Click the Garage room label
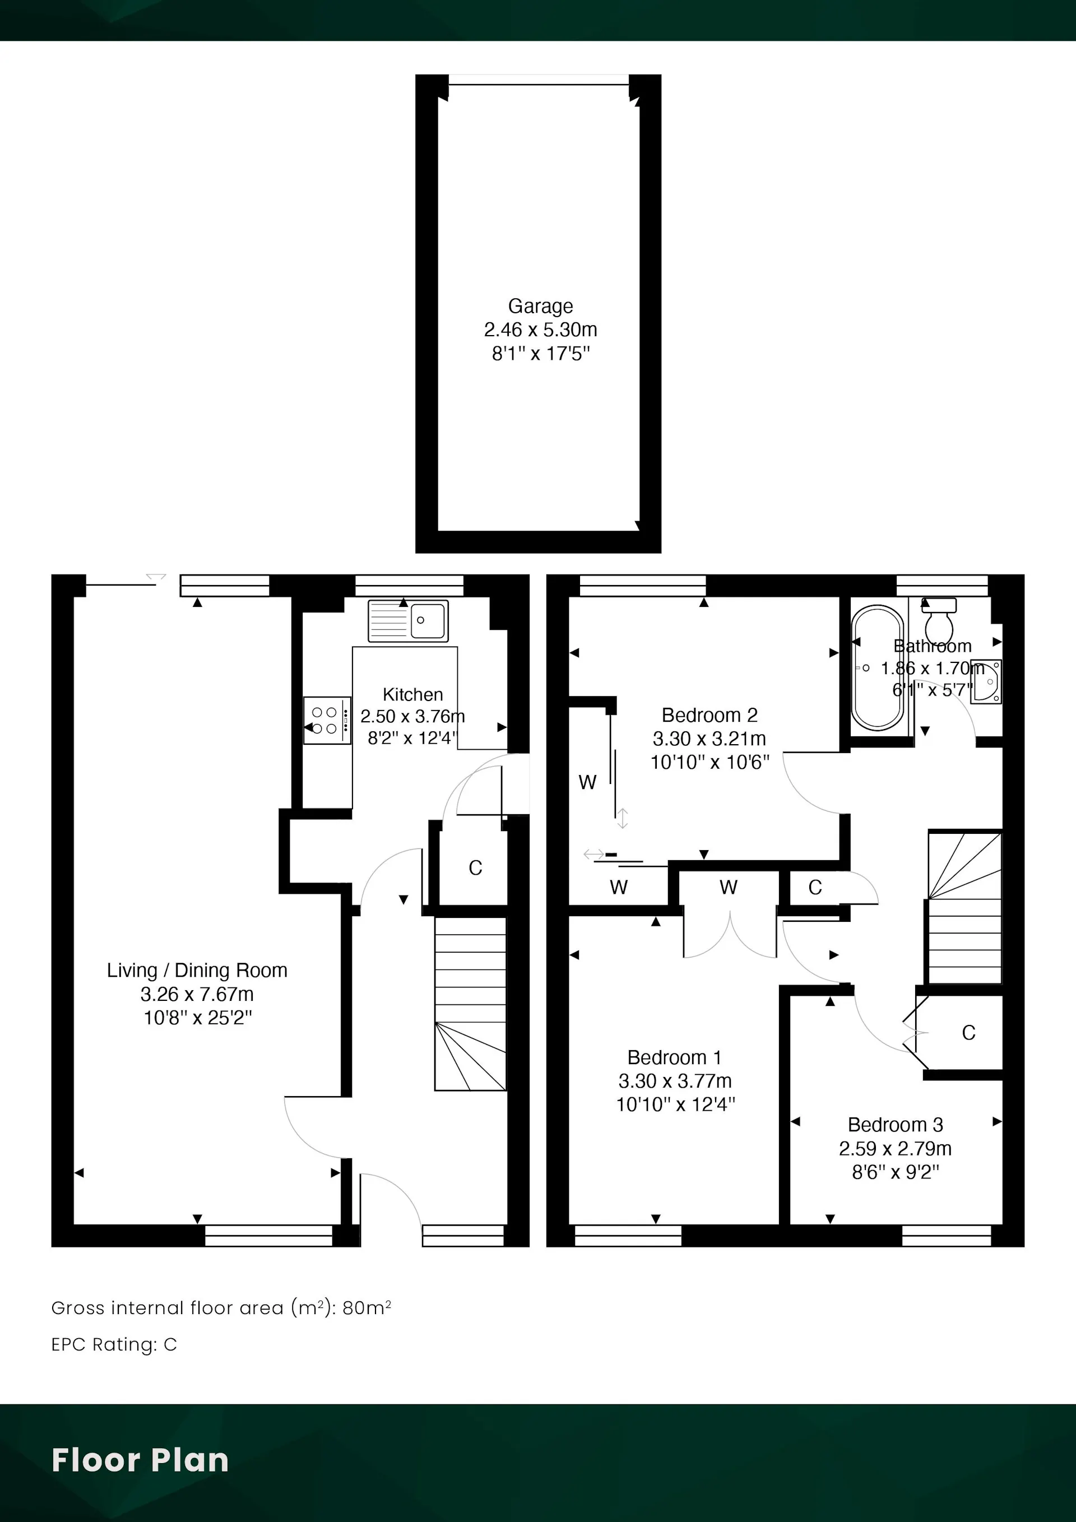click(x=540, y=307)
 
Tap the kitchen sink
click(x=409, y=620)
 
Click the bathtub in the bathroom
click(x=878, y=668)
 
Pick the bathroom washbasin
click(x=986, y=681)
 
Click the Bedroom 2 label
click(x=709, y=715)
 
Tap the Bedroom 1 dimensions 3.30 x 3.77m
click(x=675, y=1081)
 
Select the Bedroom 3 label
click(x=895, y=1125)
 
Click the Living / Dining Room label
click(x=197, y=971)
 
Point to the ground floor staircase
click(x=470, y=1004)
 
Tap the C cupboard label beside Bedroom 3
click(x=968, y=1033)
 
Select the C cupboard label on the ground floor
click(x=475, y=867)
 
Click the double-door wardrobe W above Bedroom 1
click(x=729, y=887)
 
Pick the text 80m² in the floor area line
click(x=367, y=1308)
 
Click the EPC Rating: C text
click(x=114, y=1344)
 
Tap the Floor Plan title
click(x=140, y=1460)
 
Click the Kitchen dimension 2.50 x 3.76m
click(x=412, y=717)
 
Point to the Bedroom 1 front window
click(x=628, y=1236)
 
